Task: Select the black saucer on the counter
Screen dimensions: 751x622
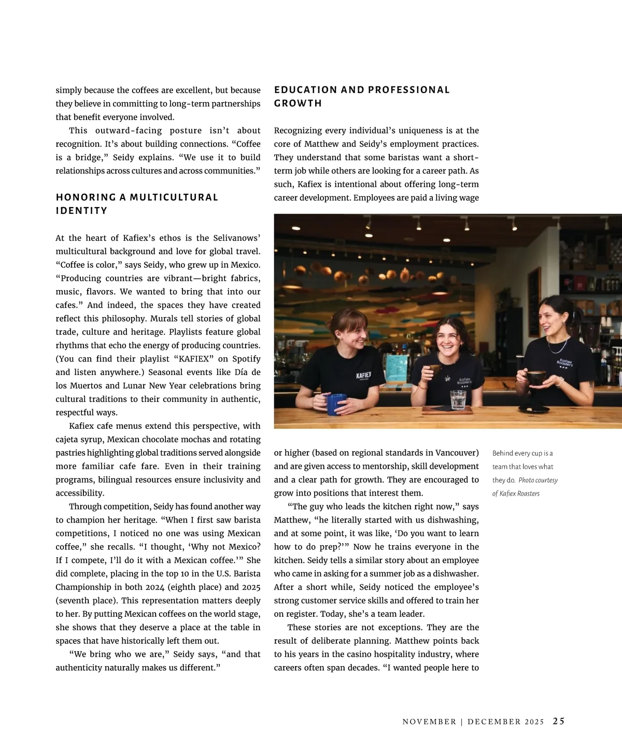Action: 533,409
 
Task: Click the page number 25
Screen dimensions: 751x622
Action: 559,721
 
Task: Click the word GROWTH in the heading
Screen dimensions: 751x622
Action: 298,104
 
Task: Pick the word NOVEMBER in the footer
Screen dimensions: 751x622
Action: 429,721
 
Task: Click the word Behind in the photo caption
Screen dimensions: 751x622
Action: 502,453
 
